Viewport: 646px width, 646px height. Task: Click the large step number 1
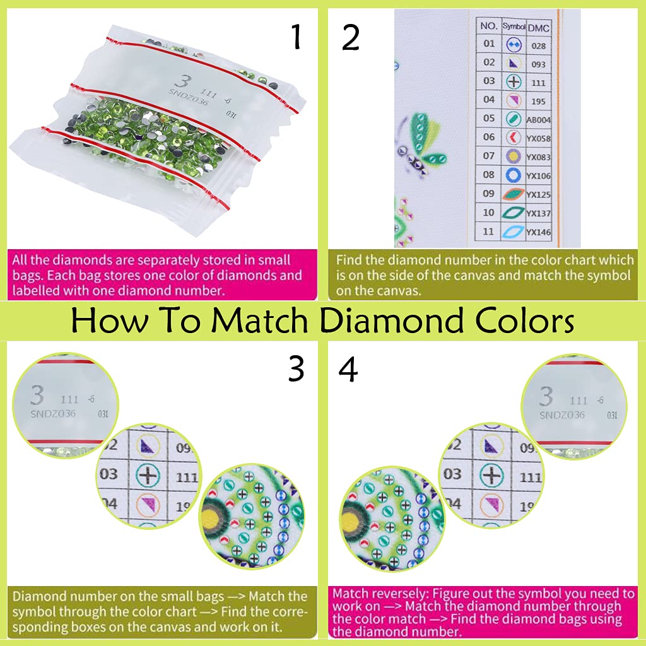point(296,38)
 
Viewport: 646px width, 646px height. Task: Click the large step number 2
point(351,38)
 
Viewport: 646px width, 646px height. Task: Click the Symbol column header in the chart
point(514,26)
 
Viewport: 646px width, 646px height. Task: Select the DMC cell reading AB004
point(538,120)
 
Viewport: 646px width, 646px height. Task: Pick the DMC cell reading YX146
point(538,232)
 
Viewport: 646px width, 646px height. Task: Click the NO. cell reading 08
point(489,175)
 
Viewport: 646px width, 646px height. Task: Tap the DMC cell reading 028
point(538,46)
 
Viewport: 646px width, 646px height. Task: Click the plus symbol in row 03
point(514,82)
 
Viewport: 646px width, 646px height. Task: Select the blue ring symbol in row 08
point(513,175)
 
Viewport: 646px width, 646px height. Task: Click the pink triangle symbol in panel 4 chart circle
point(491,505)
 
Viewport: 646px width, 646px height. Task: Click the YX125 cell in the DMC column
point(538,195)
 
